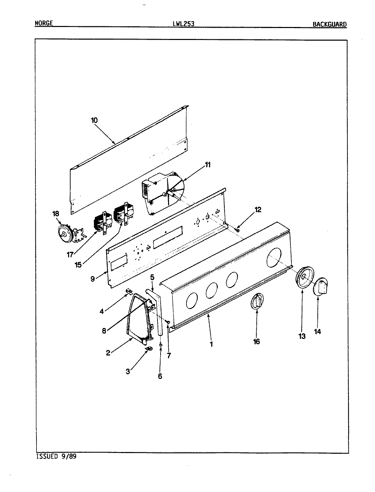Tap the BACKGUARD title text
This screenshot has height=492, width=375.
[x=329, y=24]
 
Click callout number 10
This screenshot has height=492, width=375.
[x=94, y=120]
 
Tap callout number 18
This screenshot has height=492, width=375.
[x=56, y=214]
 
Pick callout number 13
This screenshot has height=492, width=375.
[x=302, y=336]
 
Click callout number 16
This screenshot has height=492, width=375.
[x=256, y=341]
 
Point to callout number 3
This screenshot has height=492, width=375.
[x=128, y=371]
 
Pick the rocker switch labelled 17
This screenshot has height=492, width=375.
[x=101, y=223]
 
